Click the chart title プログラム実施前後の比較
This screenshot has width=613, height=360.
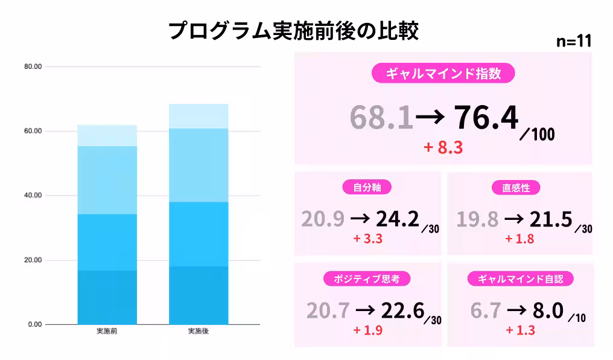click(x=293, y=31)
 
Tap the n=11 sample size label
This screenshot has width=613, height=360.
click(x=573, y=42)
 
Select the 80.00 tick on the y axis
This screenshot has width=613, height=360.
click(x=32, y=66)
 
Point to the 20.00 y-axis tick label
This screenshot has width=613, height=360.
click(x=32, y=260)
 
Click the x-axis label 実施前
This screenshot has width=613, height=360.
click(x=107, y=331)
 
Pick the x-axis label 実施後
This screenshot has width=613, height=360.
click(x=199, y=331)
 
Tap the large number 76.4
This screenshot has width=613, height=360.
click(x=486, y=117)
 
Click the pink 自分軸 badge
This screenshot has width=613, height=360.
click(x=367, y=187)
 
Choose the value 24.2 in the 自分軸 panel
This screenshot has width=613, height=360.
click(x=397, y=219)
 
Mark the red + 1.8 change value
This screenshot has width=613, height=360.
click(x=520, y=239)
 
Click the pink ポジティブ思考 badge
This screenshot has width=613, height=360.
click(x=367, y=278)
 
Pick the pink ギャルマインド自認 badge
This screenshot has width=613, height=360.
click(x=520, y=278)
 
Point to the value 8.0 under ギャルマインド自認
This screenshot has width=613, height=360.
click(x=548, y=310)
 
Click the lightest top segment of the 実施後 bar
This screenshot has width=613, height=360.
click(x=199, y=116)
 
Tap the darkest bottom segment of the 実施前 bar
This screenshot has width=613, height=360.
click(x=107, y=297)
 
